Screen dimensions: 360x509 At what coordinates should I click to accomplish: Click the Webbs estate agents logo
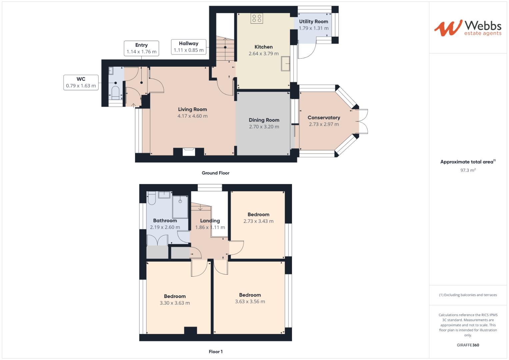click(x=468, y=28)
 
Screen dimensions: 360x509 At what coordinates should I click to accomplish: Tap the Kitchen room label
click(x=263, y=47)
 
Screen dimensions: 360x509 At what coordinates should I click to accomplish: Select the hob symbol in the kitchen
click(x=257, y=18)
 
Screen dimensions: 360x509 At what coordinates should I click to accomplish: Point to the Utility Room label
click(x=313, y=22)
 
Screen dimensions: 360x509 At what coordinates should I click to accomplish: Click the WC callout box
click(x=81, y=82)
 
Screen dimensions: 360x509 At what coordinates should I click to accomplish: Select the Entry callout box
click(x=141, y=48)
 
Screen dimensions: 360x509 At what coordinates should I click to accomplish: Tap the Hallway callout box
click(x=188, y=47)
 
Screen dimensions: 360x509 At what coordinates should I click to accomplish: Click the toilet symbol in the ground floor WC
click(x=115, y=93)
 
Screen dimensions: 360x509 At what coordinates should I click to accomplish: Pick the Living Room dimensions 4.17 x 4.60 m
click(x=192, y=116)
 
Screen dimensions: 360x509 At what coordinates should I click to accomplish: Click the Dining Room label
click(x=264, y=120)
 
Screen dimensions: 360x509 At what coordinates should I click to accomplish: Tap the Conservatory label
click(x=324, y=118)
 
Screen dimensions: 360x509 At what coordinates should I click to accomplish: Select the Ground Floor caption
click(x=216, y=173)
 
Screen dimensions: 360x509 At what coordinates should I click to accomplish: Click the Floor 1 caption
click(x=216, y=352)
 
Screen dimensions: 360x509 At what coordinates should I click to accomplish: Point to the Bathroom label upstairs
click(x=165, y=221)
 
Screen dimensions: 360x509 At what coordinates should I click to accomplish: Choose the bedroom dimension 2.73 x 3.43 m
click(x=258, y=221)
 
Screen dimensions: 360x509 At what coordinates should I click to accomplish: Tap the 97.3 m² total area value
click(x=468, y=170)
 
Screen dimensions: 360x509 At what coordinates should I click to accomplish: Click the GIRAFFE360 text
click(x=468, y=345)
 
